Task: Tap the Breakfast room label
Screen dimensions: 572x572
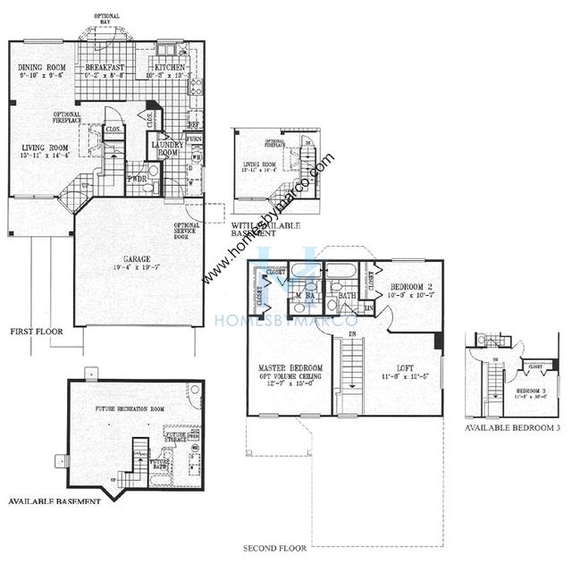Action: click(x=104, y=67)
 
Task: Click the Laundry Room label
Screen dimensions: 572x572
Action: click(x=167, y=148)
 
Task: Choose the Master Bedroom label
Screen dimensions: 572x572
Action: click(x=290, y=368)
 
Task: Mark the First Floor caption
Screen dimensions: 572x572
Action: click(x=35, y=331)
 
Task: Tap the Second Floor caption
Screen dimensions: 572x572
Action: click(x=275, y=547)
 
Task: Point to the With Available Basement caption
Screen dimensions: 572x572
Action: click(x=265, y=229)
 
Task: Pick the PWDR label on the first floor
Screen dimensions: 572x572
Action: click(x=136, y=179)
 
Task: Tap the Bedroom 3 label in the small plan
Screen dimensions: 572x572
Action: click(x=507, y=391)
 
